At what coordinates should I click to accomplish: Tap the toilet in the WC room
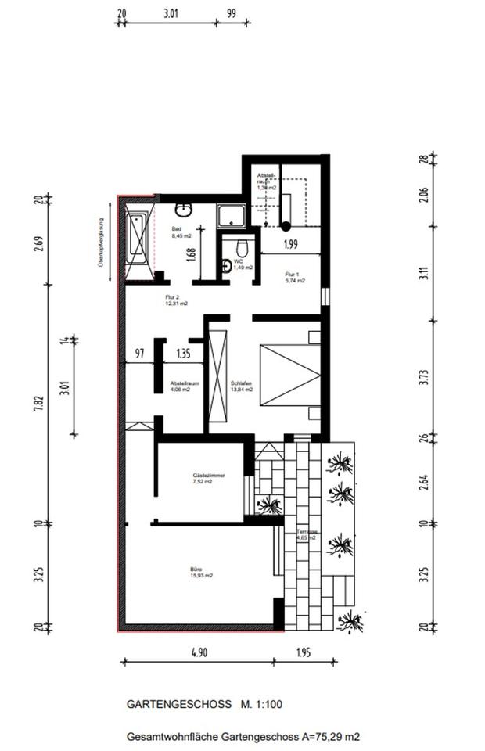(x=242, y=250)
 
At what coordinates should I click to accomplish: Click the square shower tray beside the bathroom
(x=232, y=215)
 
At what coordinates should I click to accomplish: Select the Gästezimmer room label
(x=203, y=478)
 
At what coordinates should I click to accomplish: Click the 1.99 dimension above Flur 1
(x=290, y=244)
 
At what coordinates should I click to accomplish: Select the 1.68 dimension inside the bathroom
(x=191, y=254)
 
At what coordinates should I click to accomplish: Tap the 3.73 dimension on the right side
(x=423, y=377)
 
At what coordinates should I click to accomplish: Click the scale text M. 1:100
(x=261, y=704)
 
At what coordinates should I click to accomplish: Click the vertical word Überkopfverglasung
(x=101, y=242)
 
